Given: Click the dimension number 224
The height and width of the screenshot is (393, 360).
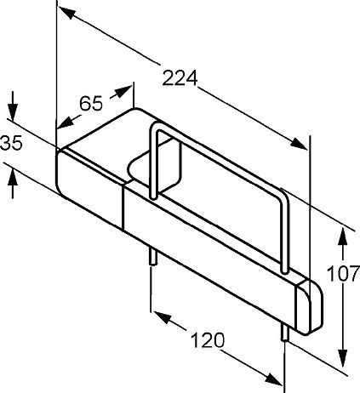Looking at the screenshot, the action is coord(180,78).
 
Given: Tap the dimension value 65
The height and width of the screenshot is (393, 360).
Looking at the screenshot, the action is coord(91,104).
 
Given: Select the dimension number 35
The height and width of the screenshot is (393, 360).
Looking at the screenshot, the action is coord(11,143).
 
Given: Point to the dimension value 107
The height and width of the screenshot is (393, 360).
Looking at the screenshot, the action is coord(343,274).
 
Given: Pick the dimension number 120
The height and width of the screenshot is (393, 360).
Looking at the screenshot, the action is coord(208,340).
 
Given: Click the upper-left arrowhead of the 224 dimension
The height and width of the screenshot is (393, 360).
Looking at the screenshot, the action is coord(67,13).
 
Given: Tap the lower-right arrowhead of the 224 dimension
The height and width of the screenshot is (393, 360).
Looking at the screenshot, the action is coord(299,144).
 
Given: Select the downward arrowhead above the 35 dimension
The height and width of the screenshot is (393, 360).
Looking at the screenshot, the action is coord(13,112).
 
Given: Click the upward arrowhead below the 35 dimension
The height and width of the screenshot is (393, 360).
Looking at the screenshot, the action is coord(13,179).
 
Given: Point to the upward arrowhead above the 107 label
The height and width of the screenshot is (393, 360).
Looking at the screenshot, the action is coord(343,237).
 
